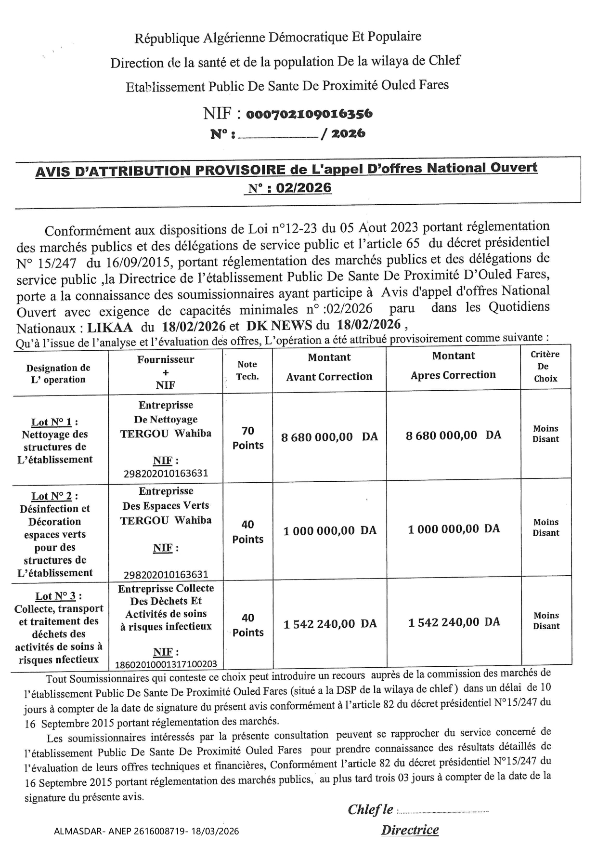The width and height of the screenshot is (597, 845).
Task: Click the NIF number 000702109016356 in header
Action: (x=309, y=114)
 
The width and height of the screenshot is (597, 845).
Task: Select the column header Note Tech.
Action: (x=247, y=370)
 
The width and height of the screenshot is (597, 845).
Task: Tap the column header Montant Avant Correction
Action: (x=329, y=367)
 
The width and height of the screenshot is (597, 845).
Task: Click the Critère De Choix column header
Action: (x=545, y=366)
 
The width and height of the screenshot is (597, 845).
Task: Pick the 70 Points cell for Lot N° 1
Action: (x=248, y=438)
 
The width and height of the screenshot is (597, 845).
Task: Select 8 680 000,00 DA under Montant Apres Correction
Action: (x=454, y=436)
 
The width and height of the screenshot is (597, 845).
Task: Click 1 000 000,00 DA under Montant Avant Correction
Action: (x=330, y=531)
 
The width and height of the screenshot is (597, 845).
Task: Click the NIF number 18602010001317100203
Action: (x=166, y=664)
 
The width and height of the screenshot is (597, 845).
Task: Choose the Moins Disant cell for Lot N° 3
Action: (x=546, y=621)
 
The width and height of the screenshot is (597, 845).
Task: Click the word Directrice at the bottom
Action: (x=410, y=830)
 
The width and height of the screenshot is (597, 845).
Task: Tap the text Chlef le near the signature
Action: (x=370, y=809)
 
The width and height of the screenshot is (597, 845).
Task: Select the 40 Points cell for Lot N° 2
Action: (x=248, y=532)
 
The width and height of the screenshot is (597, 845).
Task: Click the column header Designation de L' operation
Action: (x=58, y=373)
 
